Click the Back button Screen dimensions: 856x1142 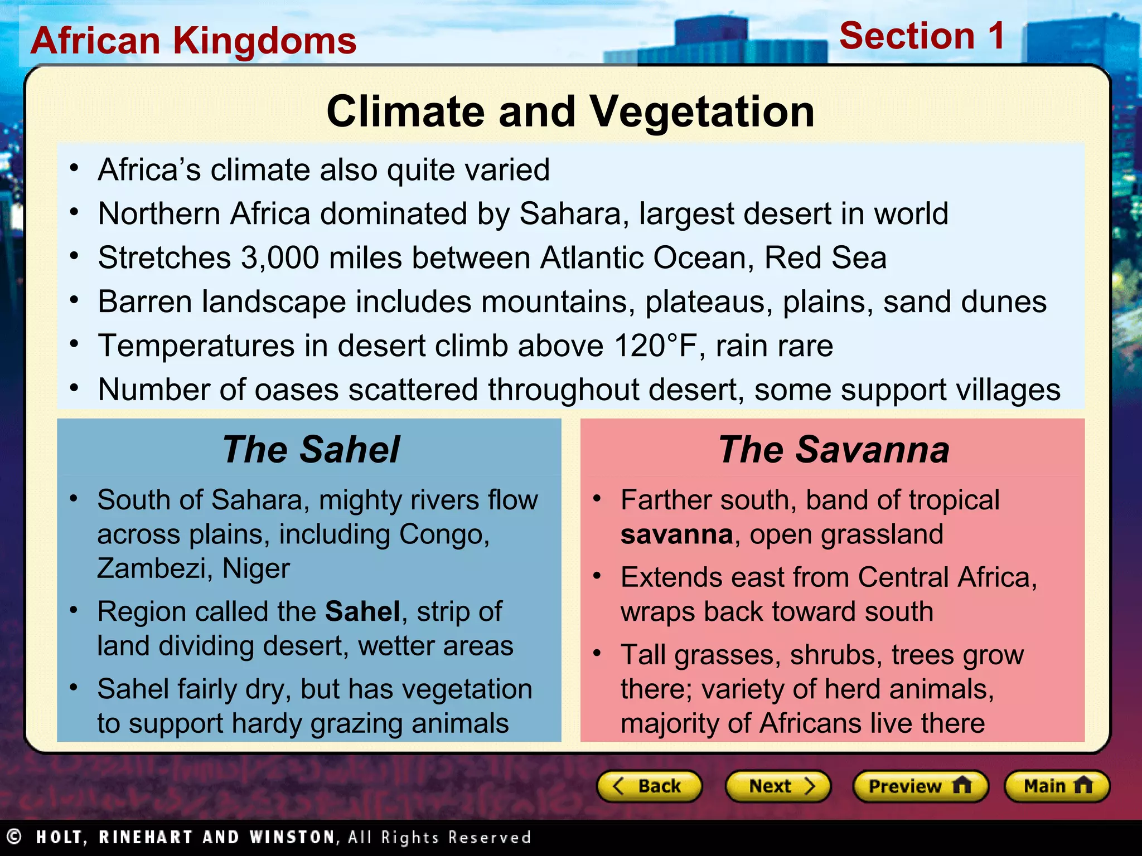pos(649,786)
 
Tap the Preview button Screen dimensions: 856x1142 pos(920,786)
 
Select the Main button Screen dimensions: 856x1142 pos(1057,786)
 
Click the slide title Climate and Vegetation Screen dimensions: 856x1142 pos(570,111)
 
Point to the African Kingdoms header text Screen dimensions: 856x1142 pos(193,41)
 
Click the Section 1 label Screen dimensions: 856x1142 pos(922,36)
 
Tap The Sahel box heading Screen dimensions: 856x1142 pos(311,449)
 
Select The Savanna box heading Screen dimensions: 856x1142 pos(833,449)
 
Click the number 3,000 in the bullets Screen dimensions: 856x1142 pos(280,258)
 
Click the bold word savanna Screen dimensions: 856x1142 pos(676,534)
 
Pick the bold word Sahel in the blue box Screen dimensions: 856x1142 pos(362,611)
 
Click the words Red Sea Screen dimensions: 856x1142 pos(825,258)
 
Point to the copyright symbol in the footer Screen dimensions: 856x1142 pos(14,836)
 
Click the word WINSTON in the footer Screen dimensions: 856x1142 pos(292,837)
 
